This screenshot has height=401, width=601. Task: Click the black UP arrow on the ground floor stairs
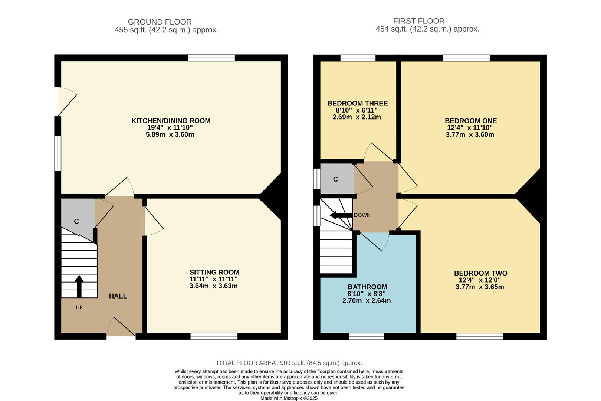click(x=79, y=286)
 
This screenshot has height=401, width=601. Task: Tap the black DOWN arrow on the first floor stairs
click(x=341, y=215)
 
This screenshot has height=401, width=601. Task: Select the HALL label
click(x=118, y=296)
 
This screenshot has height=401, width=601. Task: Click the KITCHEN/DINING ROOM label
click(x=171, y=121)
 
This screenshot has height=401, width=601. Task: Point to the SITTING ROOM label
click(x=214, y=272)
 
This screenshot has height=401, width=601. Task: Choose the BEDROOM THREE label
click(x=357, y=103)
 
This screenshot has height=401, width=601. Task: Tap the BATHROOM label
click(x=367, y=287)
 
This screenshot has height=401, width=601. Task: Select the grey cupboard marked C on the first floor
click(x=337, y=179)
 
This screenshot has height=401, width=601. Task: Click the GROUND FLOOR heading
click(x=160, y=22)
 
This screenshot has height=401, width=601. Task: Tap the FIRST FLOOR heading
click(x=419, y=21)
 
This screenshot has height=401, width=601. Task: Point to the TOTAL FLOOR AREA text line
click(x=289, y=363)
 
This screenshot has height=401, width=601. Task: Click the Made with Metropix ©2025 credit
click(x=289, y=398)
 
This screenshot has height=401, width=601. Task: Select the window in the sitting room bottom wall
click(x=214, y=336)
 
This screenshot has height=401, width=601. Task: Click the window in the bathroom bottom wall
click(x=366, y=336)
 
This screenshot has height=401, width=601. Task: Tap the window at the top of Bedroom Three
click(x=358, y=58)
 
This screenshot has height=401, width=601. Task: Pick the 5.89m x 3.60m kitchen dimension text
click(x=170, y=134)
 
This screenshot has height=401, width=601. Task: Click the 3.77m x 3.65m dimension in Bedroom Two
click(x=480, y=287)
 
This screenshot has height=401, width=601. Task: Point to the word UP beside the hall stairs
click(x=79, y=307)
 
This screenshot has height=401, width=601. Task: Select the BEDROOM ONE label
click(x=471, y=121)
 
